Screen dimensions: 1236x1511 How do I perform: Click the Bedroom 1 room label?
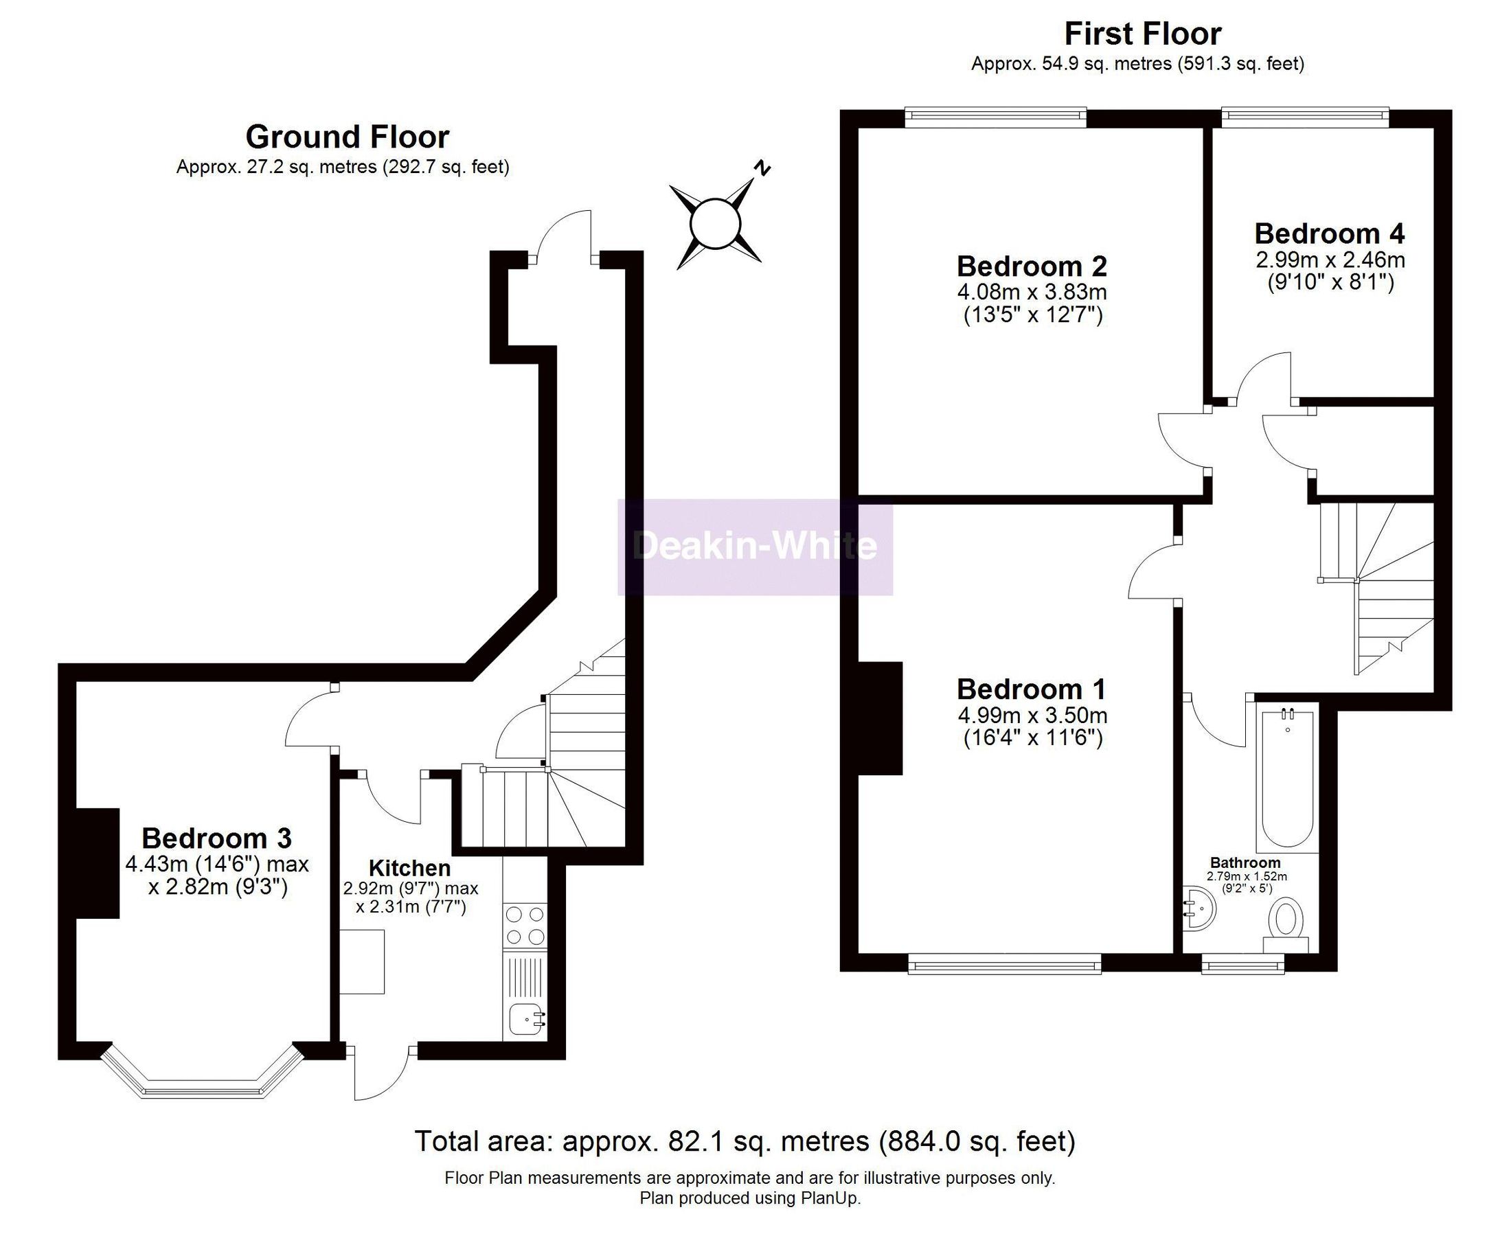[1031, 689]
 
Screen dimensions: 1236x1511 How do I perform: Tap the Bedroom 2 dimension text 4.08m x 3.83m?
[1032, 292]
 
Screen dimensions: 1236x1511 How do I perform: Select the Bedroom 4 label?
[1330, 233]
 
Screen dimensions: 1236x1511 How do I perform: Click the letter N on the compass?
[762, 169]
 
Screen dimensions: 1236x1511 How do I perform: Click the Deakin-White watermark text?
[755, 546]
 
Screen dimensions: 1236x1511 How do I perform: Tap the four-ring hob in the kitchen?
[525, 925]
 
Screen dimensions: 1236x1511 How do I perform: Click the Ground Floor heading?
[347, 137]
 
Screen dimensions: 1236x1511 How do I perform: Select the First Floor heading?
[1142, 34]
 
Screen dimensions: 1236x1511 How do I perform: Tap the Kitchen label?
[409, 869]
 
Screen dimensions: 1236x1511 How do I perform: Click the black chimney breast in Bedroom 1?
[880, 718]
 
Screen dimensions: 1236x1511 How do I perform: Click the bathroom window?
[1242, 965]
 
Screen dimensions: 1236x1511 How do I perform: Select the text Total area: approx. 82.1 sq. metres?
[641, 1141]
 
